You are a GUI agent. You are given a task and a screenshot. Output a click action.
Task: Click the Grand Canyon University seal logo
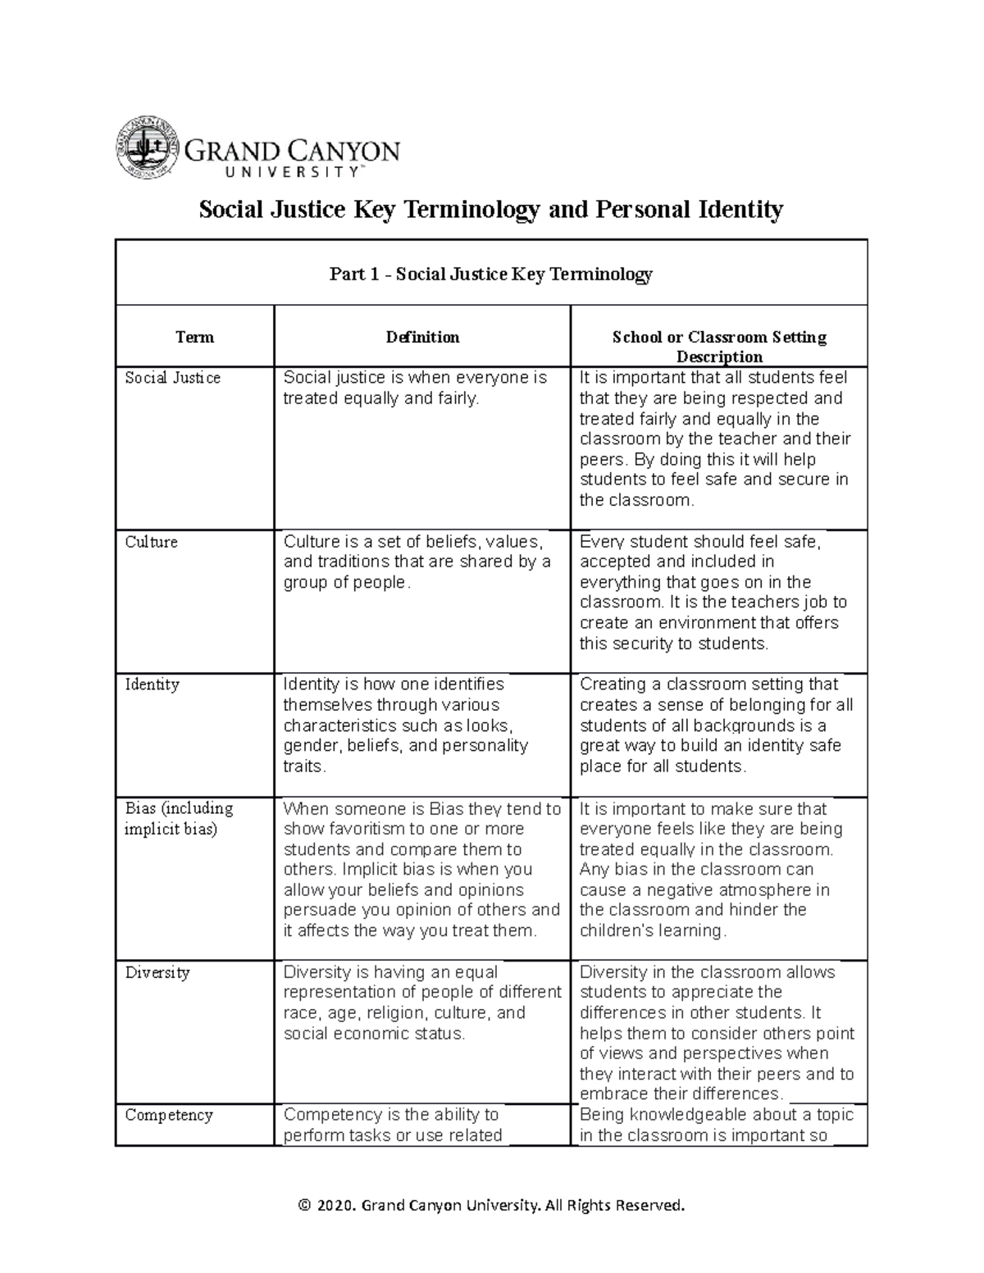pyautogui.click(x=147, y=148)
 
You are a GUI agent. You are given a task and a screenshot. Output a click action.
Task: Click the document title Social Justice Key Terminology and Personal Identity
pyautogui.click(x=491, y=210)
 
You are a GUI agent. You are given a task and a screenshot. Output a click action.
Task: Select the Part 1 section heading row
pyautogui.click(x=491, y=274)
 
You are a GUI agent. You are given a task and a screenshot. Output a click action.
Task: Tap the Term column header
pyautogui.click(x=194, y=337)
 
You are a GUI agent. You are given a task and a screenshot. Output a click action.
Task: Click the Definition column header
pyautogui.click(x=422, y=337)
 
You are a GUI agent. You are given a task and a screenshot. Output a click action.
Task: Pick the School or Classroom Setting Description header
pyautogui.click(x=718, y=346)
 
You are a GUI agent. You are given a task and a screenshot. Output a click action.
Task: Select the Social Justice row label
pyautogui.click(x=172, y=378)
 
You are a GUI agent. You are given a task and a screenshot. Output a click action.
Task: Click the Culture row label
pyautogui.click(x=151, y=542)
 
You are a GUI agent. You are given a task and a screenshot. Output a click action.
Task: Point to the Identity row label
pyautogui.click(x=152, y=684)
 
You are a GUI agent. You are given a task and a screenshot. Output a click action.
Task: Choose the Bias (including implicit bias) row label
pyautogui.click(x=179, y=818)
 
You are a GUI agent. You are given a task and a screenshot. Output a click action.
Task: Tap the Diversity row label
pyautogui.click(x=157, y=973)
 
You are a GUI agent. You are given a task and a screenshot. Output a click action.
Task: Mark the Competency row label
pyautogui.click(x=169, y=1115)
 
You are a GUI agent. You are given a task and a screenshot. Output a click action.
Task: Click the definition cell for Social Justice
pyautogui.click(x=415, y=388)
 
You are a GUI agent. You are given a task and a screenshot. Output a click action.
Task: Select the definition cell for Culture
pyautogui.click(x=417, y=561)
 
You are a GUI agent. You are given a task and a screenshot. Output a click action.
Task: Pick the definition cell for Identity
pyautogui.click(x=406, y=725)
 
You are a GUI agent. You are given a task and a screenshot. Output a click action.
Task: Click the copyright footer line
pyautogui.click(x=491, y=1205)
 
